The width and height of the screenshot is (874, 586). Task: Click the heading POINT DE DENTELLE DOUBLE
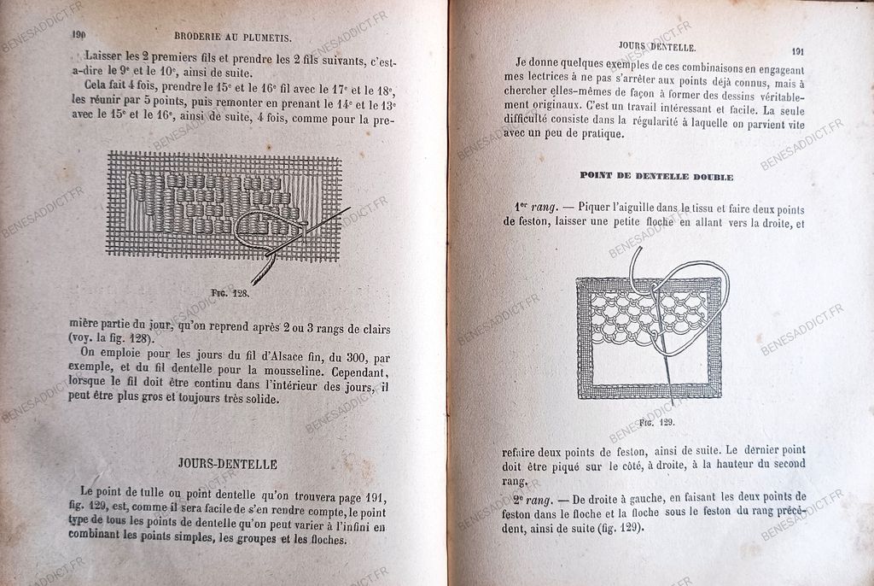pos(656,176)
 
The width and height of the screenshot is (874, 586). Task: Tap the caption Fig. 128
pos(230,291)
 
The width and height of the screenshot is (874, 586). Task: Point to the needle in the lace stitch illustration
pos(664,359)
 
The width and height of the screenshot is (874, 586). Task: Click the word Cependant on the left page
pos(353,373)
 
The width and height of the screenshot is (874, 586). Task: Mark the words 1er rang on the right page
pos(537,208)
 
